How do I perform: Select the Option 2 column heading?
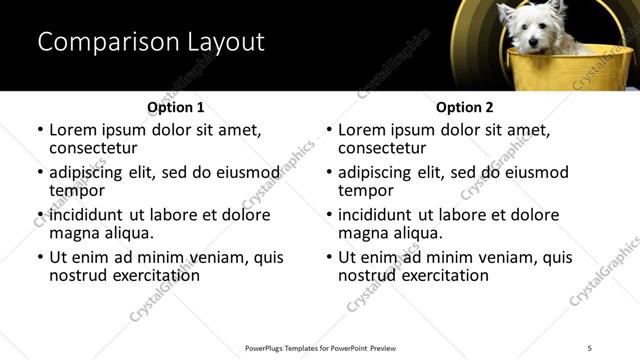[464, 107]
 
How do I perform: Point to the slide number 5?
[590, 348]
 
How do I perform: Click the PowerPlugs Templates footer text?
[320, 348]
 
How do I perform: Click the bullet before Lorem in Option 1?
[40, 131]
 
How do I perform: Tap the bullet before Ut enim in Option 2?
[329, 258]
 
